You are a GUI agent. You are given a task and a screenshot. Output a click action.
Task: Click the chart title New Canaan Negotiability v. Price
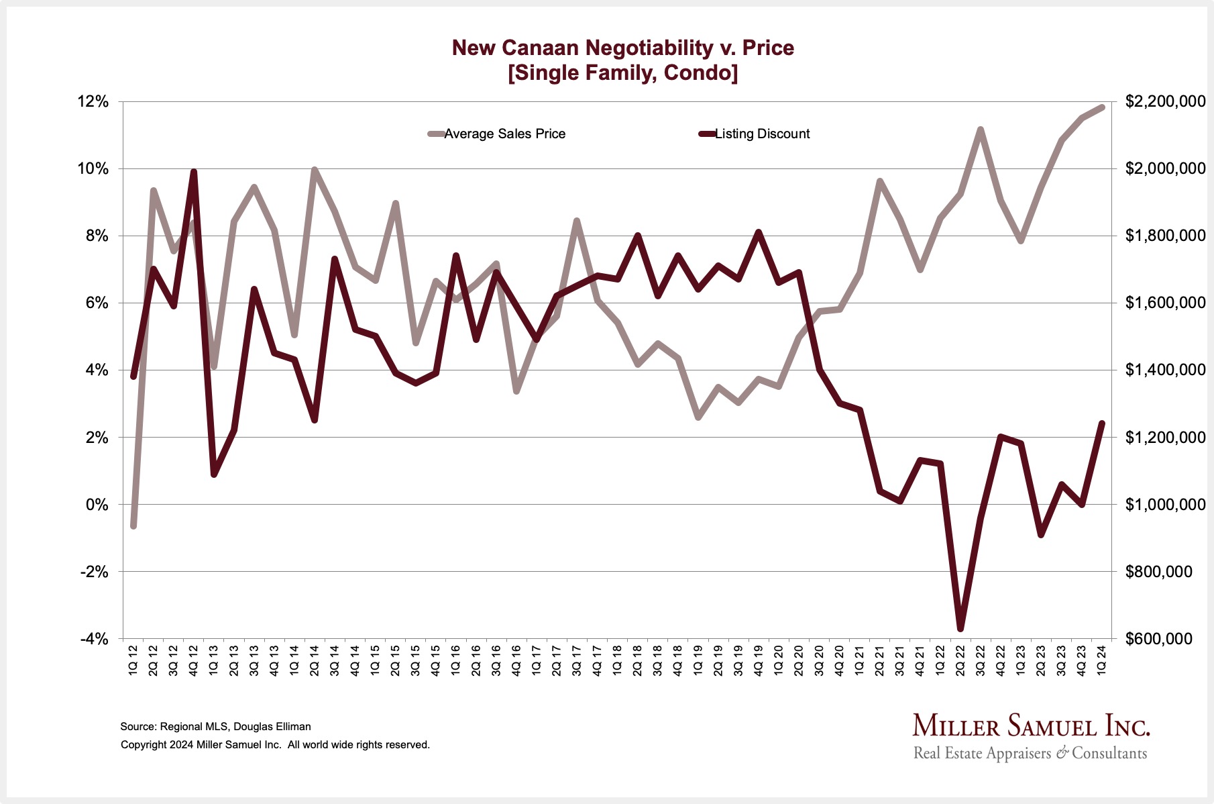[622, 48]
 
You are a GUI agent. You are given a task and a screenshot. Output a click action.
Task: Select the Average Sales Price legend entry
[504, 134]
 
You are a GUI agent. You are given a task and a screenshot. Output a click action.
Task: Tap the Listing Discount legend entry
[762, 134]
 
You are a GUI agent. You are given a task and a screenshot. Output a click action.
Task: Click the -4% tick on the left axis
[94, 639]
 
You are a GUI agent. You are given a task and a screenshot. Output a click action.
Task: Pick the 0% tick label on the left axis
[97, 505]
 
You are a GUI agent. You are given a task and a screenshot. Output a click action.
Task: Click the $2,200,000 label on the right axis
[1165, 102]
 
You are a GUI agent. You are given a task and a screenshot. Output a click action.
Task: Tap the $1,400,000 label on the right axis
[1165, 370]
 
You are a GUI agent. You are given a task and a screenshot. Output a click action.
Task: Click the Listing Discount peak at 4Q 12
[194, 172]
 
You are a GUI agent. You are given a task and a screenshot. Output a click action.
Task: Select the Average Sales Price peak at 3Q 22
[981, 130]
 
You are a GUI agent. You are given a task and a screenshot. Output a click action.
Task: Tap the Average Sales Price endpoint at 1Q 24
[1101, 107]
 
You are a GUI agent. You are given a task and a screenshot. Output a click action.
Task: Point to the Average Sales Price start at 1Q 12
[133, 525]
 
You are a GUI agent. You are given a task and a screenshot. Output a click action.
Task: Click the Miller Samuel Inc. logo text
[1031, 726]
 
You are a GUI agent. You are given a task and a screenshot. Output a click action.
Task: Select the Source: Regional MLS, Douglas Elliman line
[215, 726]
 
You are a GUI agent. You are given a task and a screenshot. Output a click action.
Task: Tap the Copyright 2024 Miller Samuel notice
[275, 744]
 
